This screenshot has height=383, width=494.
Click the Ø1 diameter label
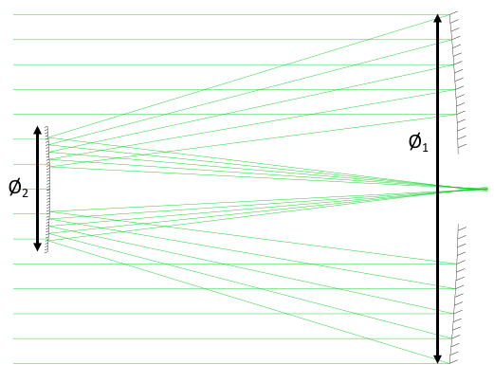coord(418,142)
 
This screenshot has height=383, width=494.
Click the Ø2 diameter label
coord(18,188)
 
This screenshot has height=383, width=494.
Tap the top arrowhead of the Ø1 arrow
coord(437,18)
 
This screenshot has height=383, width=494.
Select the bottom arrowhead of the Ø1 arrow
coord(437,359)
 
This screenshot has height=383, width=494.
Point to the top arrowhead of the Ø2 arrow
coord(37,130)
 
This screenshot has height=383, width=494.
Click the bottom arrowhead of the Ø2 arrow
coord(37,247)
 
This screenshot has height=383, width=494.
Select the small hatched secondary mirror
coord(46,190)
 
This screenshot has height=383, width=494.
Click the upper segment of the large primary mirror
coord(455,82)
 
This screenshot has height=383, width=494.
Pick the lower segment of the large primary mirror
coord(455,294)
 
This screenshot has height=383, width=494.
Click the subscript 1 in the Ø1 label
coord(425,148)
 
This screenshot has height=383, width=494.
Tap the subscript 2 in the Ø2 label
coord(25,192)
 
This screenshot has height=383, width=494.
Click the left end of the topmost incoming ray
coord(13,14)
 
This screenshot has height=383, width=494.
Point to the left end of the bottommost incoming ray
coord(13,363)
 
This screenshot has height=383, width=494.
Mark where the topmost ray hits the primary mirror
coord(449,14)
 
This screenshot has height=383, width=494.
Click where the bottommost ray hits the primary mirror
coord(449,363)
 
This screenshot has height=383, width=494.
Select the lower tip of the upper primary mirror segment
coord(459,154)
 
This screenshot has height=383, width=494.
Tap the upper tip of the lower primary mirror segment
coord(459,225)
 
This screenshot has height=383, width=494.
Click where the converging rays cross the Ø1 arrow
coord(437,190)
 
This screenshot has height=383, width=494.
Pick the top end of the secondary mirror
coord(46,126)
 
